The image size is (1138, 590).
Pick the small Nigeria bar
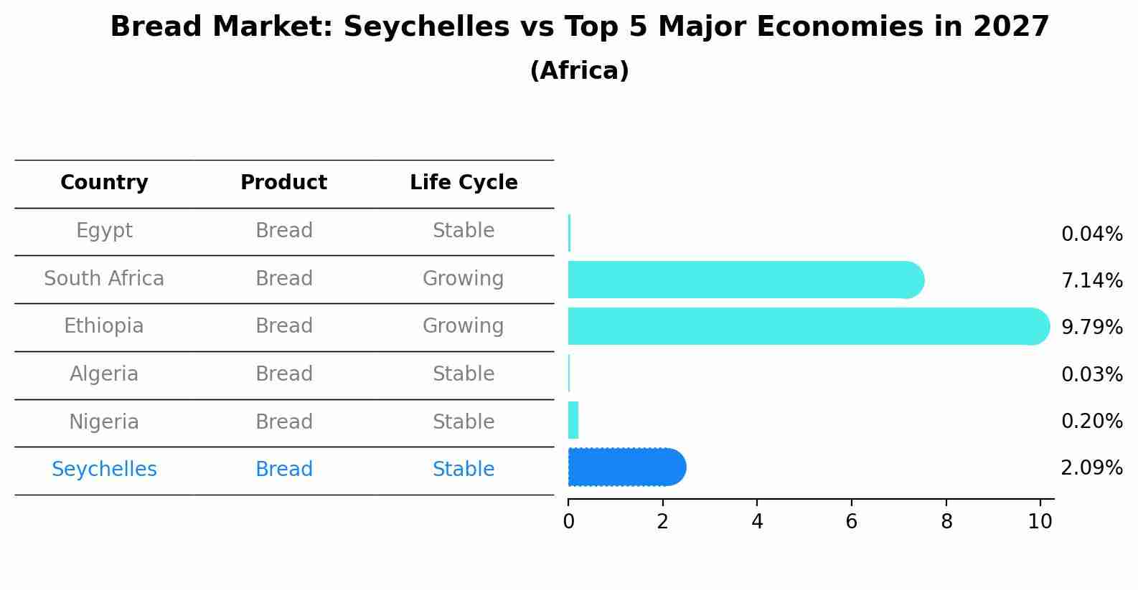573,420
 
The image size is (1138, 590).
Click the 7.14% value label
1091,280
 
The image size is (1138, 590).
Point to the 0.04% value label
1091,234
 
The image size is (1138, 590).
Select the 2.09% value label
1091,468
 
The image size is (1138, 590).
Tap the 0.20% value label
1091,421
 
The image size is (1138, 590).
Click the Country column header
104,183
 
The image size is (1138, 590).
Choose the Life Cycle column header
464,183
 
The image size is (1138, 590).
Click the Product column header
283,183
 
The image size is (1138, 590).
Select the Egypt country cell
104,231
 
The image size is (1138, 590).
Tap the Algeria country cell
104,374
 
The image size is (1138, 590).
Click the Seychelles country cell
104,470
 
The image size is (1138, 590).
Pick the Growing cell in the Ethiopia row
464,326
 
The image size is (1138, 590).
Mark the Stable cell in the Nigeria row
464,422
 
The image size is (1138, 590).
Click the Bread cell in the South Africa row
283,278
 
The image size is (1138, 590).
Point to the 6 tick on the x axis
852,521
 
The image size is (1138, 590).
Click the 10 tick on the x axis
1040,521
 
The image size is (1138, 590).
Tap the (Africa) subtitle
579,70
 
